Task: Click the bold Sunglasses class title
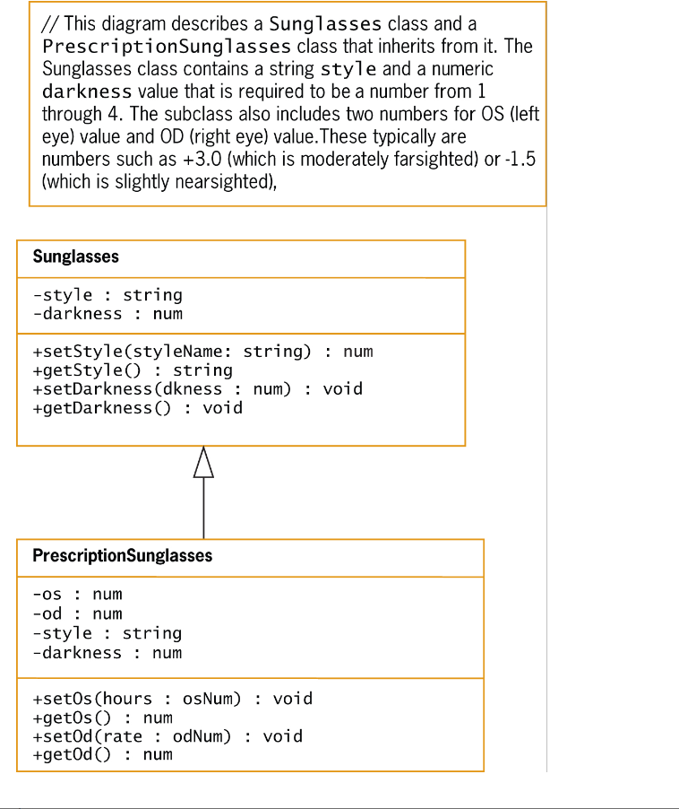(x=76, y=257)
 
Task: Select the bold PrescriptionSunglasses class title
(x=123, y=556)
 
